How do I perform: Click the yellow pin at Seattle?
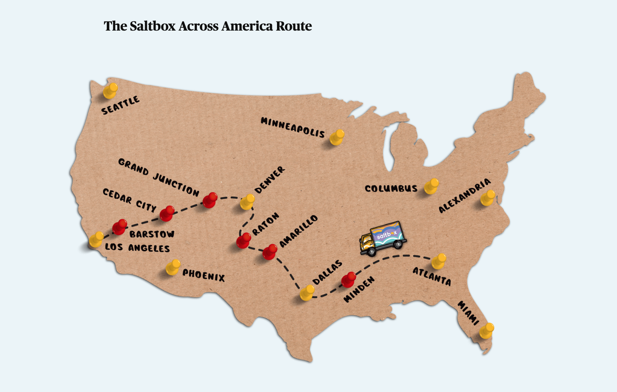tap(110, 91)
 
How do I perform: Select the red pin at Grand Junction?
tap(210, 200)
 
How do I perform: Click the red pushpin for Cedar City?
tap(167, 213)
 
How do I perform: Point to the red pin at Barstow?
tap(120, 227)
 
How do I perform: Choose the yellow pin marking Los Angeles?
tap(97, 239)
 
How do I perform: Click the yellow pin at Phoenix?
tap(173, 267)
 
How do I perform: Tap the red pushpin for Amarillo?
tap(270, 252)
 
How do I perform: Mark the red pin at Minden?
tap(349, 279)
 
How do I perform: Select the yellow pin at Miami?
tap(487, 330)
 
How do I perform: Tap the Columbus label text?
tap(391, 189)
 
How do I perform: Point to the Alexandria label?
tap(464, 195)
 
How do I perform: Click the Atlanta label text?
tap(432, 277)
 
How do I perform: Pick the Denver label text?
tap(269, 180)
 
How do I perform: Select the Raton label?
tap(266, 223)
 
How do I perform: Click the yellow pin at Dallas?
tap(307, 292)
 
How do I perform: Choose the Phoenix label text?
tap(203, 276)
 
